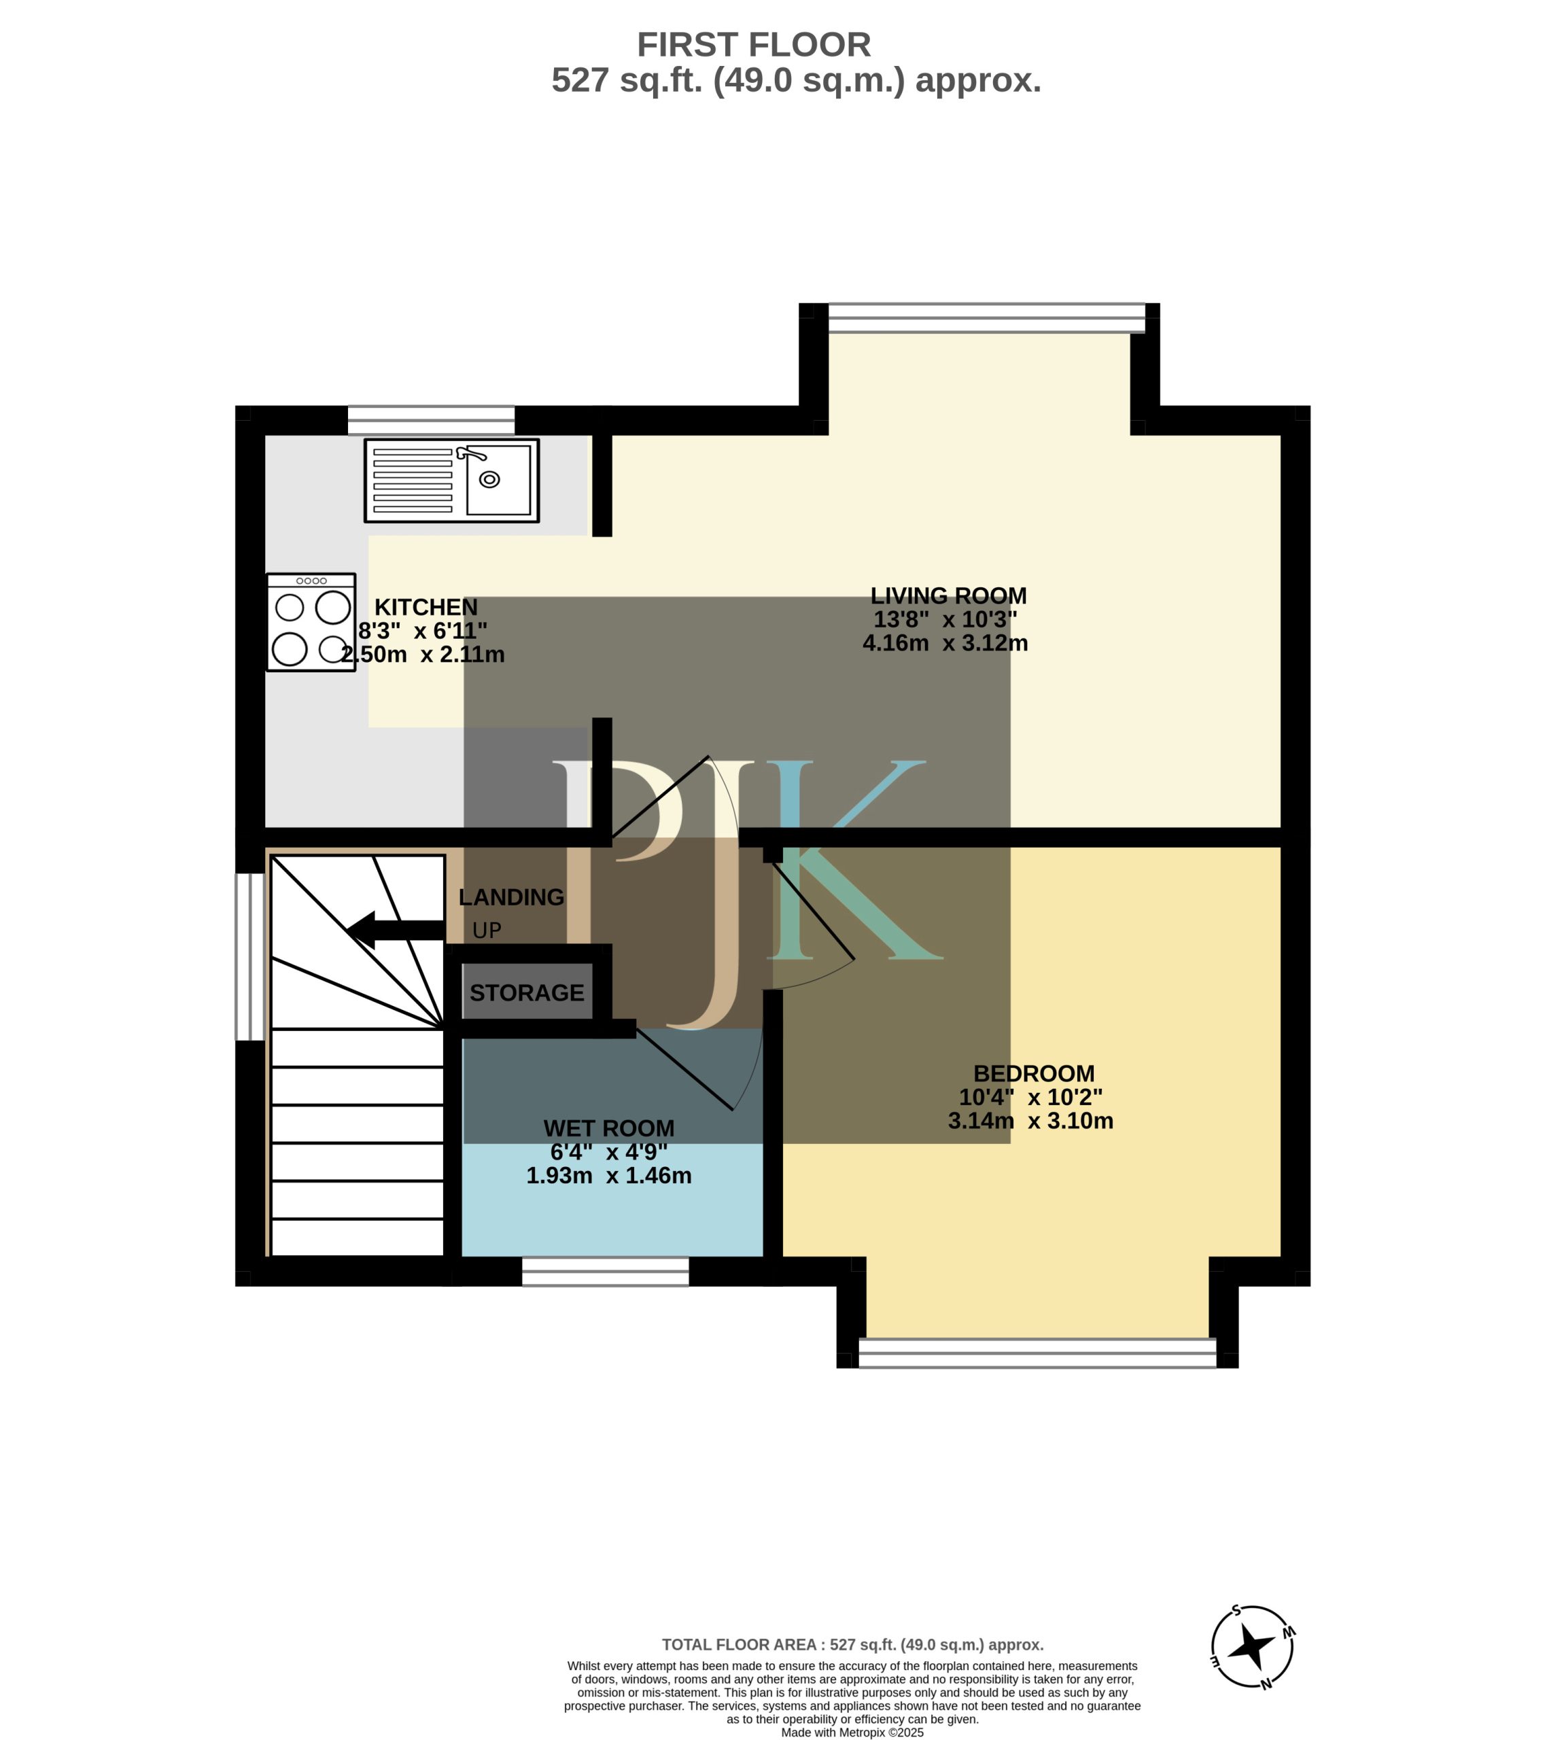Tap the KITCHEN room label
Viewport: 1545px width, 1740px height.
[x=426, y=607]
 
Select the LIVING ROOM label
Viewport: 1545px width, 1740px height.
[x=948, y=595]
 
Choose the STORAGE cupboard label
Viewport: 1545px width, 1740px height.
[x=527, y=992]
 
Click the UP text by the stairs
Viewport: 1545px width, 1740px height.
[x=487, y=930]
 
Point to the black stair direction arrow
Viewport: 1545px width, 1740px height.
[x=396, y=930]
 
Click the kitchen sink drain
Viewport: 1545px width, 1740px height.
[x=489, y=479]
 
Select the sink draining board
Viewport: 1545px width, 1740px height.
[x=413, y=480]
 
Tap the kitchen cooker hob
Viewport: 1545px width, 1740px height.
[x=311, y=623]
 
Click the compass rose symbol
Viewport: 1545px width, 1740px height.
[x=1252, y=1646]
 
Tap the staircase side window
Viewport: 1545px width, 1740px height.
[x=250, y=957]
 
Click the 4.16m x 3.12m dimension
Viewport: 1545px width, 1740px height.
[x=945, y=643]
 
